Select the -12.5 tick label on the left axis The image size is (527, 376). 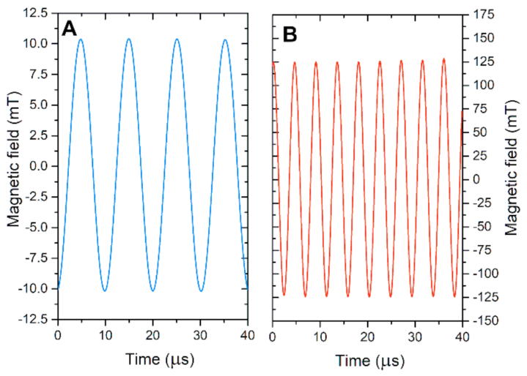pyautogui.click(x=35, y=320)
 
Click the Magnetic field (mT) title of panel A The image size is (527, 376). pyautogui.click(x=12, y=167)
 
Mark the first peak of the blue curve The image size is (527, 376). pyautogui.click(x=81, y=39)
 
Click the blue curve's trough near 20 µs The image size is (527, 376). pyautogui.click(x=152, y=291)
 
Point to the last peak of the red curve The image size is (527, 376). pyautogui.click(x=443, y=59)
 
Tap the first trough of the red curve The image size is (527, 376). pyautogui.click(x=284, y=296)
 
